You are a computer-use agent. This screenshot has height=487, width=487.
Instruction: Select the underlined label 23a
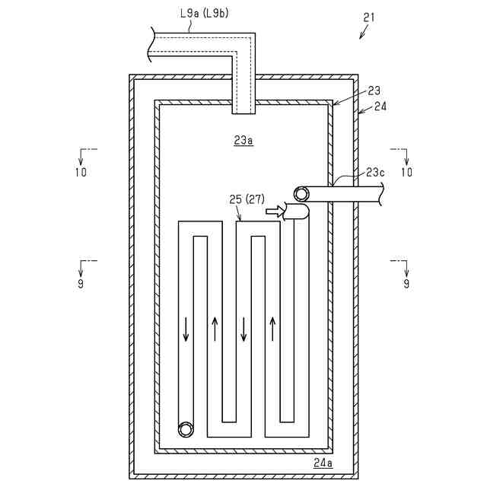(243, 141)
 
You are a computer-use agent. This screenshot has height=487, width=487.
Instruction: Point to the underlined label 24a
(323, 463)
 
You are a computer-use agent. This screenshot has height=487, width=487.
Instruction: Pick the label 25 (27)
(246, 199)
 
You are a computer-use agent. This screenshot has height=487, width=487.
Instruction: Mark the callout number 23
(374, 90)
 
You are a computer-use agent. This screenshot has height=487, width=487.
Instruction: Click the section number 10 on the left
(81, 172)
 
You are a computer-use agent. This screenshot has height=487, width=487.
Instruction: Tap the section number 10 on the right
(406, 172)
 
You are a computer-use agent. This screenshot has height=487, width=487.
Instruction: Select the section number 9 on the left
(81, 283)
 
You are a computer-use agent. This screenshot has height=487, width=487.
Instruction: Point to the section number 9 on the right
(406, 283)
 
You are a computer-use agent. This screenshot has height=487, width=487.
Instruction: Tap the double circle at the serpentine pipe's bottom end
(186, 429)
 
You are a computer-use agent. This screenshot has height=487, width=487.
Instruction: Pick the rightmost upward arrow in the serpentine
(272, 329)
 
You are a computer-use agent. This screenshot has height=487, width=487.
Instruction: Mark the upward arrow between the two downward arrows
(215, 329)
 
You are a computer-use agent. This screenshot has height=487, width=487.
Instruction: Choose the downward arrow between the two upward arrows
(243, 329)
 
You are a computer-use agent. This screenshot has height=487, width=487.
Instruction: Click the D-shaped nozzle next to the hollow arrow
(295, 212)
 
